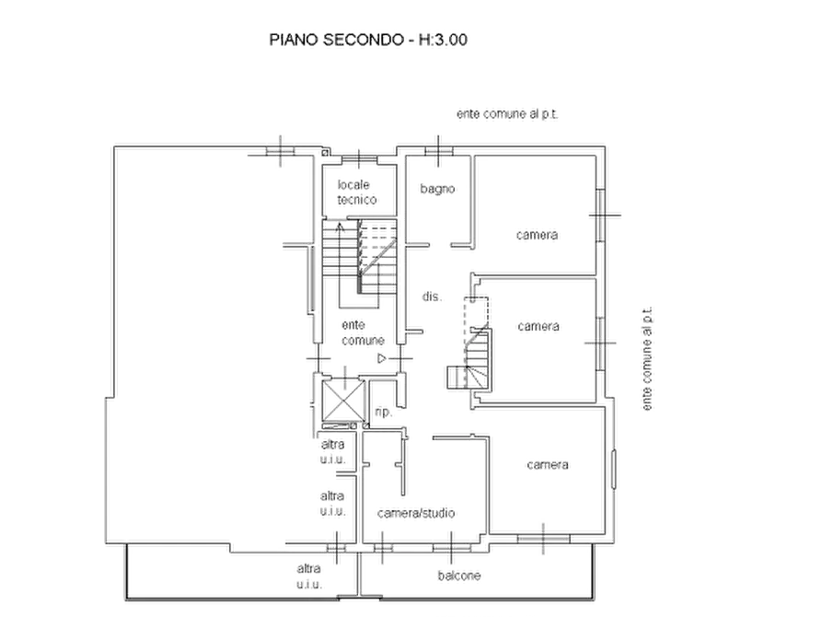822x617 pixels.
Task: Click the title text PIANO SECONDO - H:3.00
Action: point(368,40)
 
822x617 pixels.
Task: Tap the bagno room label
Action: point(437,189)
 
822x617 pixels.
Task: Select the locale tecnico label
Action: point(356,192)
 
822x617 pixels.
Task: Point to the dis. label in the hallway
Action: point(432,297)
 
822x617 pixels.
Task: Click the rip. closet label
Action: point(383,412)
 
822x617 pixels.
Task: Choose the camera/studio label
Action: point(416,513)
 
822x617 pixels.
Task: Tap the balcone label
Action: point(459,576)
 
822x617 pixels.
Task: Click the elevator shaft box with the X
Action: point(343,401)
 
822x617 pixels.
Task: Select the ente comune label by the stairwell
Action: point(363,332)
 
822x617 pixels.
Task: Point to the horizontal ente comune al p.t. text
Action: point(507,114)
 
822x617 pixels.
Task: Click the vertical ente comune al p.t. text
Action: point(647,359)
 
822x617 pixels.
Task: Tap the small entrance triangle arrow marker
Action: point(382,359)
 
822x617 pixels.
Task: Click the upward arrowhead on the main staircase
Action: point(340,227)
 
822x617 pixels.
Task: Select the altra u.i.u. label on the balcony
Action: point(308,576)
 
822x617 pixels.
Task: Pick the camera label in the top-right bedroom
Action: point(537,235)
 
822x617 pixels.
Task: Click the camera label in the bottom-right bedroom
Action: point(548,465)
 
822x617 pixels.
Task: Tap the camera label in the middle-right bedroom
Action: point(538,326)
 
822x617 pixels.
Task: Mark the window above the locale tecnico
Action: point(359,159)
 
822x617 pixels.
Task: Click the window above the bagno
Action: point(439,151)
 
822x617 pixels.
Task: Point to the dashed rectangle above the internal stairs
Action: point(476,314)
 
